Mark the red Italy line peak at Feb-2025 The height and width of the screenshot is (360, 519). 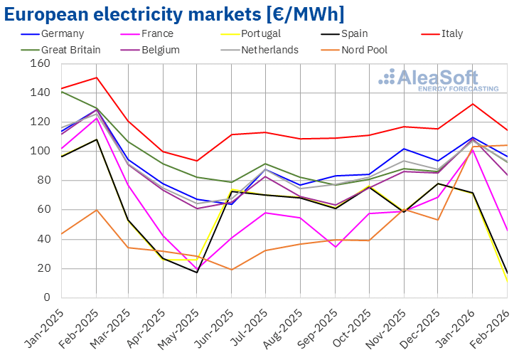[x=96, y=78]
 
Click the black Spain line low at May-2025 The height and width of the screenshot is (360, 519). [x=197, y=272]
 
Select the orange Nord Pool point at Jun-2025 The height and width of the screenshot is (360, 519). [x=231, y=270]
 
